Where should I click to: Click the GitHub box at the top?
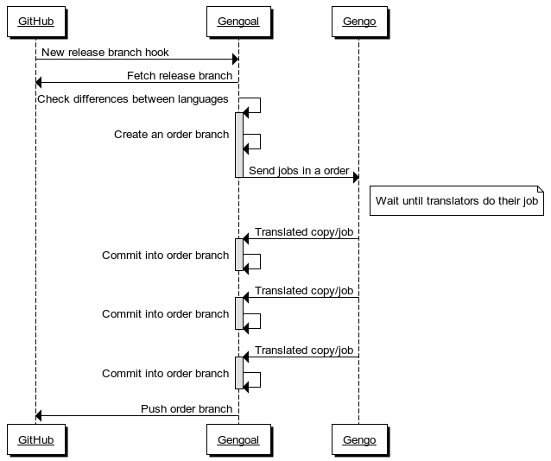coord(36,22)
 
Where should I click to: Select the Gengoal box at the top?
coord(238,22)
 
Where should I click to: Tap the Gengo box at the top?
coord(359,22)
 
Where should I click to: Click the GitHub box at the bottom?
coord(36,439)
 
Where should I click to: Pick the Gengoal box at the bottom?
coord(238,439)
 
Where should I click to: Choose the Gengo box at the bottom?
coord(359,439)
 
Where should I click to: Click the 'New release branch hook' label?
coord(105,53)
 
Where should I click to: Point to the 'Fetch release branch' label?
coord(180,76)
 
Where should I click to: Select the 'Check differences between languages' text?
coord(133,99)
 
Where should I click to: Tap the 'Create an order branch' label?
coord(172,134)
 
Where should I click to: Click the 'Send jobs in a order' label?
coord(299,171)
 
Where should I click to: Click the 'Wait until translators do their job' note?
coord(457,200)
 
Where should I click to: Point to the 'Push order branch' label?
coord(187,409)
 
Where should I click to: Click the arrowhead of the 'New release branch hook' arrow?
coord(236,59)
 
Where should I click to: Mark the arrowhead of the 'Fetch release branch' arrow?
coord(39,83)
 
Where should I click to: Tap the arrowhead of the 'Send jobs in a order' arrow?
coord(356,178)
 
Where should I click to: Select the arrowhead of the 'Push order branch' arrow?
coord(39,416)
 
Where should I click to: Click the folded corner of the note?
coord(541,189)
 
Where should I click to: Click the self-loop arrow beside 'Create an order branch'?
coord(260,142)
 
